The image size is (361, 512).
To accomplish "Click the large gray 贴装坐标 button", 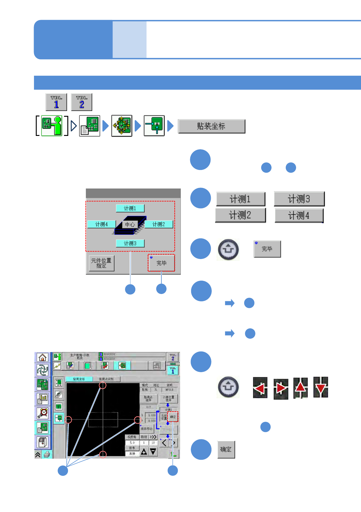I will click(211, 126).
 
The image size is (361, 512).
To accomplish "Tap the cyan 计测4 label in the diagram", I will click(101, 224).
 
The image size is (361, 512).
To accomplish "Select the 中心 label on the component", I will click(130, 224).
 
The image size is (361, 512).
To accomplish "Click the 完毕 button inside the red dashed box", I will click(161, 263).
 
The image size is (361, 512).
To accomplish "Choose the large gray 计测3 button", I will click(299, 199).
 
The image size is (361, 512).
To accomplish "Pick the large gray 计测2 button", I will click(240, 215).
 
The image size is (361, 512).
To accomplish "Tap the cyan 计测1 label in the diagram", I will click(130, 208).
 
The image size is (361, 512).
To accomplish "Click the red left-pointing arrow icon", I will click(260, 388).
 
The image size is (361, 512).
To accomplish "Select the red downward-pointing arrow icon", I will click(321, 387).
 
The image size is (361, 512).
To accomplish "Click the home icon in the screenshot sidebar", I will click(42, 358).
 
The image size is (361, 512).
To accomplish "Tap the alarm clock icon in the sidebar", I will click(42, 413).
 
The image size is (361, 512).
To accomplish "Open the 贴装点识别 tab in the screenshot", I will click(106, 379).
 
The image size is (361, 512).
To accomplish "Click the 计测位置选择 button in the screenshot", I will click(168, 399).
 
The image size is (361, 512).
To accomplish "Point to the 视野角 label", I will click(132, 437).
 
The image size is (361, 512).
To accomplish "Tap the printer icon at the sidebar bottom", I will click(47, 454).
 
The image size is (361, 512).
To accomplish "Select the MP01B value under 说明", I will click(169, 390).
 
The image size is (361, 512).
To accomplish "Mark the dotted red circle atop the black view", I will click(103, 386).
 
